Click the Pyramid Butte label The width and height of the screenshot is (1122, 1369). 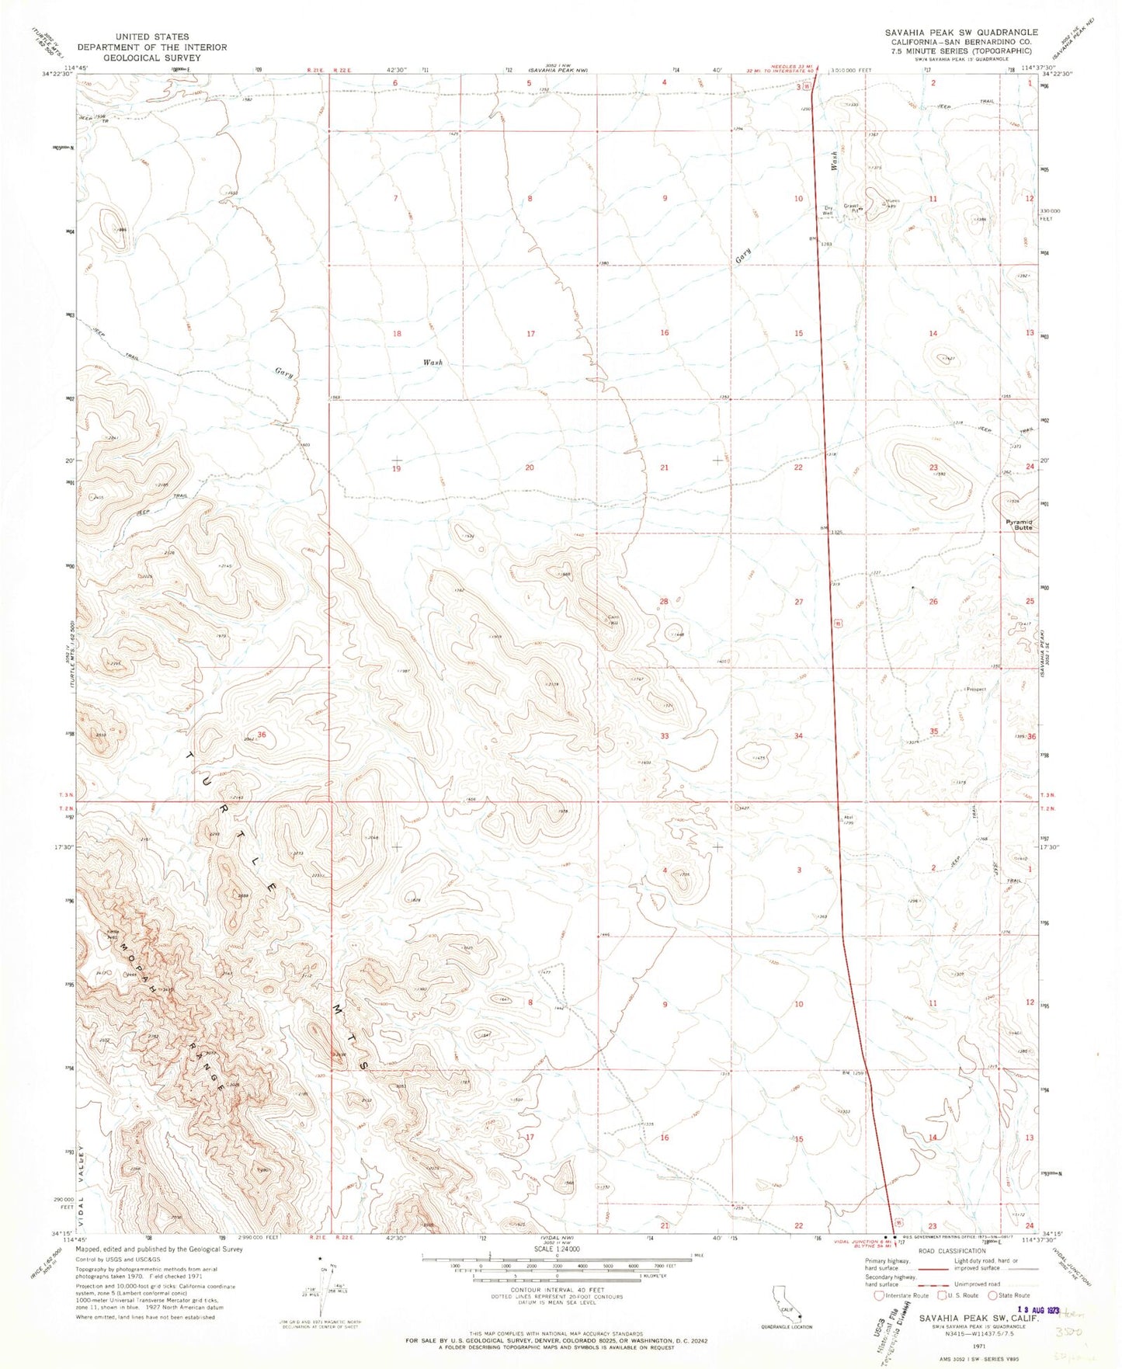point(1017,525)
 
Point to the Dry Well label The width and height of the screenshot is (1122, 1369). point(828,210)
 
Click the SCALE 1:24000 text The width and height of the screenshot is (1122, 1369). point(556,1249)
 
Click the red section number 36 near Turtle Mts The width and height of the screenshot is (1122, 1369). point(262,735)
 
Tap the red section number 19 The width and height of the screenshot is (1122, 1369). point(396,468)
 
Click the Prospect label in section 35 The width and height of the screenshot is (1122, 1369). point(975,689)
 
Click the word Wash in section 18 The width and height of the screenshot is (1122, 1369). point(432,363)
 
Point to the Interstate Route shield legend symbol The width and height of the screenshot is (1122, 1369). point(878,1295)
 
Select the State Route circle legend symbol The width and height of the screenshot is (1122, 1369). point(992,1295)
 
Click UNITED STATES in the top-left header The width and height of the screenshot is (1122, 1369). point(152,36)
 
